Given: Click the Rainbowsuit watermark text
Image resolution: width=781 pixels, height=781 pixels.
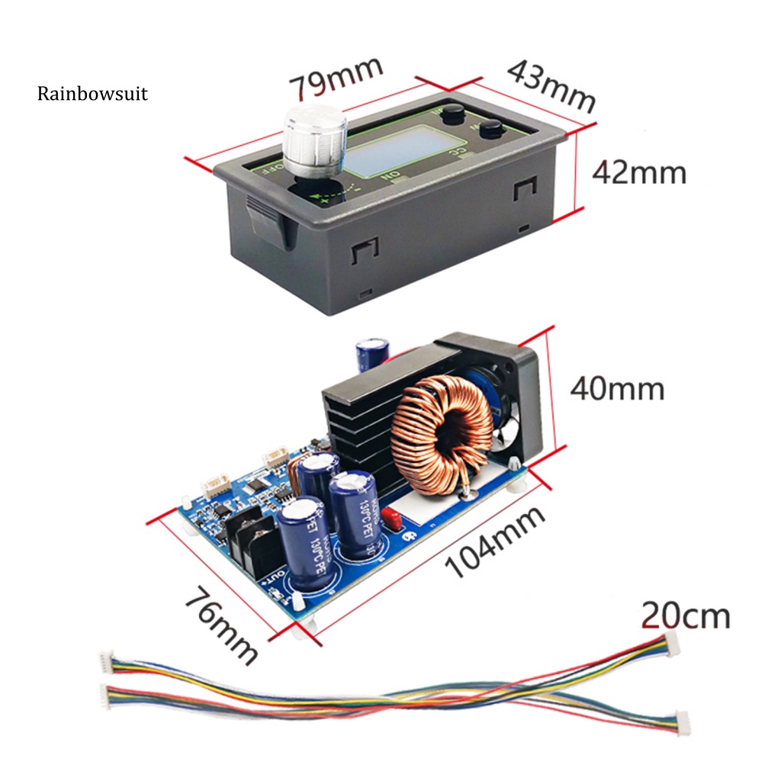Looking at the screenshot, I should (x=92, y=95).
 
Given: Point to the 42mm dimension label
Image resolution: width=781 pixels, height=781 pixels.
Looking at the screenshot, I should (x=639, y=172).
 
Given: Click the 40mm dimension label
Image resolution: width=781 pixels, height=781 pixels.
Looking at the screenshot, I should (x=618, y=389).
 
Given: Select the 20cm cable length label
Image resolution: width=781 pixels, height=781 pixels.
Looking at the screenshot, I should (x=685, y=615).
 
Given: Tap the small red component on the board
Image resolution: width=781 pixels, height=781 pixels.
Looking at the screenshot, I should (x=393, y=519).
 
